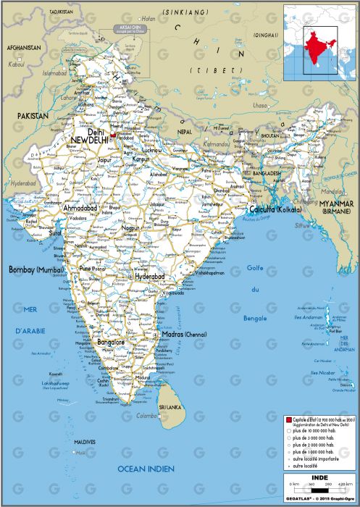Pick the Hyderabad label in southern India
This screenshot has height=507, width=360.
tap(151, 277)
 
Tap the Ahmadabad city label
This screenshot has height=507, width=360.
tap(80, 208)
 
